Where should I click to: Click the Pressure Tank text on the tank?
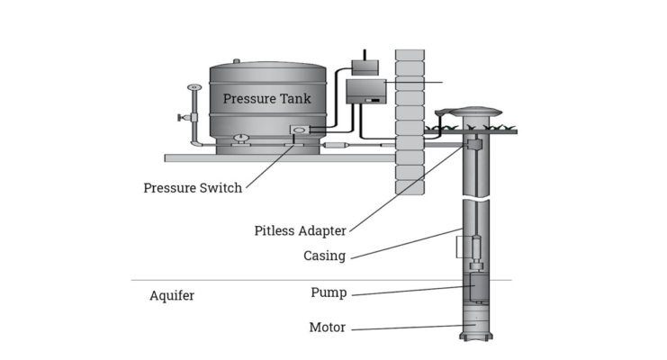coord(266,99)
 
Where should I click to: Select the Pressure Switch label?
coord(193,188)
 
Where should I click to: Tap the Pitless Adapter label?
coord(301,230)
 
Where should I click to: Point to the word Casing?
coord(324,256)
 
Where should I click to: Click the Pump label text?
coord(329,292)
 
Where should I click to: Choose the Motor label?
coord(327,328)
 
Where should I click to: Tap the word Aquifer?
coord(172,295)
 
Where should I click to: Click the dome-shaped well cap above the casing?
coord(476,112)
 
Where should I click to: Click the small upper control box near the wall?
coord(365,67)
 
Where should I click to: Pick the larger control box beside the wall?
coord(366,92)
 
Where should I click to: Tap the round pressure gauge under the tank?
coord(241,138)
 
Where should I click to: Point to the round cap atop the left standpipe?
coord(194,87)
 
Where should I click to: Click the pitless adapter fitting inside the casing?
coord(474,145)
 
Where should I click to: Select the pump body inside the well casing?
coord(475,286)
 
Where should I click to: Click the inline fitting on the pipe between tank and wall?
coord(336,145)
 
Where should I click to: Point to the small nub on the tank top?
coord(237,61)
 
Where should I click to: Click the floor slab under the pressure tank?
coord(280,158)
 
